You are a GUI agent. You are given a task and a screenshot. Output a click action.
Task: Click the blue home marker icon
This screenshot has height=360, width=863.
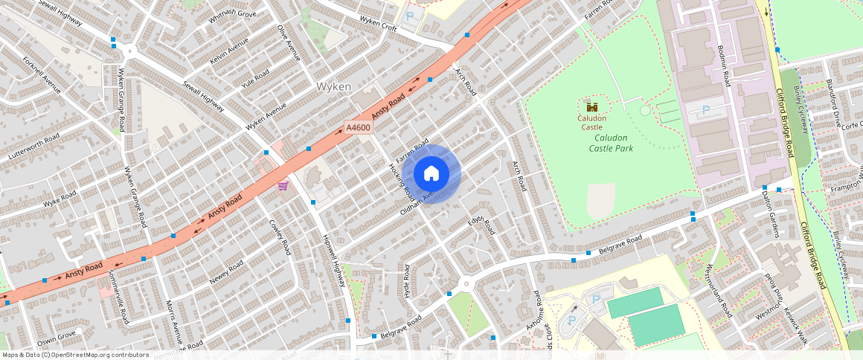pos(431,174)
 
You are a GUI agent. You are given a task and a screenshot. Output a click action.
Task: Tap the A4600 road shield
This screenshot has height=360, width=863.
pos(358,128)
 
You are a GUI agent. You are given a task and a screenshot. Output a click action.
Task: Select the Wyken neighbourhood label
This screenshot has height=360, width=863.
pos(334,87)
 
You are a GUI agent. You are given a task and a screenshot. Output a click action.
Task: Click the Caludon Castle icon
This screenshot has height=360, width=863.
pos(592,107)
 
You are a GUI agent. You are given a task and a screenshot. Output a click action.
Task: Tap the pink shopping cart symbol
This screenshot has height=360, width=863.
pos(283,185)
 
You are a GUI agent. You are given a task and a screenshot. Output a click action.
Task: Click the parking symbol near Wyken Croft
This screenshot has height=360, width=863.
pos(410,16)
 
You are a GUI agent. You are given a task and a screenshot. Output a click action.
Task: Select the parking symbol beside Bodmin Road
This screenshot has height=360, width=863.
pos(705,110)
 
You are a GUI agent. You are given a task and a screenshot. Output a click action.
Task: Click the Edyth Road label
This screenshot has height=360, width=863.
pos(481,224)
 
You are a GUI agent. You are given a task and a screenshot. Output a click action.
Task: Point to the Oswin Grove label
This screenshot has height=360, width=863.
pos(57,336)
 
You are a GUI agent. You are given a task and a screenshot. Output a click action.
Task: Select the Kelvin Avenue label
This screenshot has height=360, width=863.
pos(228,51)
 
